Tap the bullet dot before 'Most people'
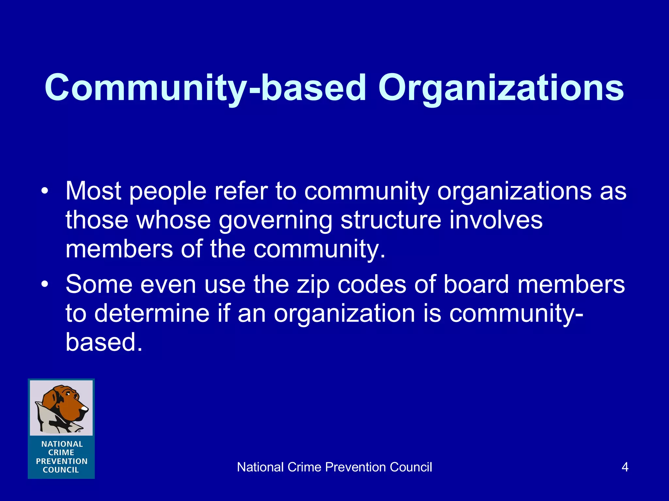[45, 191]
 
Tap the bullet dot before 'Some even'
[45, 284]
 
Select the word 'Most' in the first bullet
[93, 191]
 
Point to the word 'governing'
[275, 220]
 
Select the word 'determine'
[152, 313]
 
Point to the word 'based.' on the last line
[104, 342]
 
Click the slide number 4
[625, 467]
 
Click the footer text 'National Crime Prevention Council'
[334, 467]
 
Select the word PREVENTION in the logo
[61, 461]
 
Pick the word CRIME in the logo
[61, 452]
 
